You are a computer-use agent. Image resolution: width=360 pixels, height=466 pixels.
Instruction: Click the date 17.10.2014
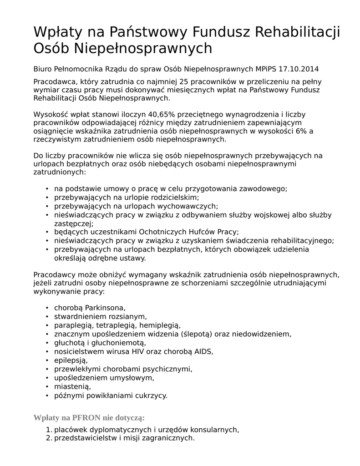coord(299,69)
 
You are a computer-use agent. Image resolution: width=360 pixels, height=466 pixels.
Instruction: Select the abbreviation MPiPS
coord(266,69)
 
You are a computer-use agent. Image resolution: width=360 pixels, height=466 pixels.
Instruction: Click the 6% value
coord(301,131)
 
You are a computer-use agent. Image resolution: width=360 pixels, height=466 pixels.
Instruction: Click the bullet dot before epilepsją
coord(47,360)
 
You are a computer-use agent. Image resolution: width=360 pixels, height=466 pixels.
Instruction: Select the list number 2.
coord(49,438)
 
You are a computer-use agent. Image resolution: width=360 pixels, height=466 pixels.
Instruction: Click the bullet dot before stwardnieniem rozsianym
coord(47,316)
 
